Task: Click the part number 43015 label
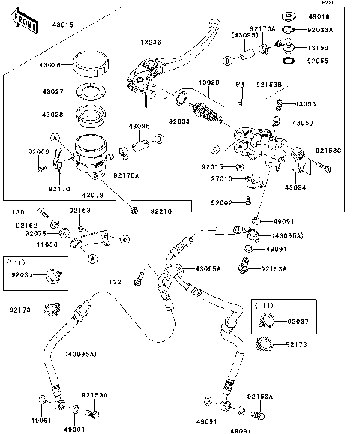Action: tap(41, 25)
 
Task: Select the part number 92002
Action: tap(222, 202)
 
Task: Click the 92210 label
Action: tap(160, 211)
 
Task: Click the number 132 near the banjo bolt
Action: tap(115, 282)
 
